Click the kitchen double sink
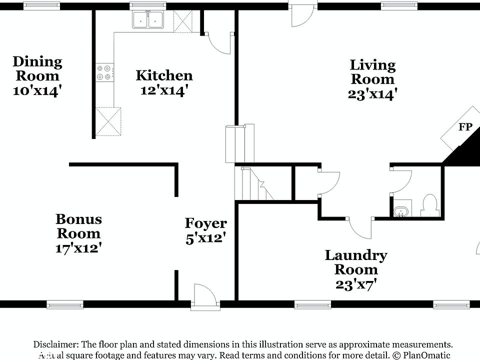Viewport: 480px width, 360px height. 149,20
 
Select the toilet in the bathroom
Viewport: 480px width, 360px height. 429,205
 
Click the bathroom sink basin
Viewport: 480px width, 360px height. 401,211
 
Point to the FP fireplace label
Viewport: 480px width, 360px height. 465,127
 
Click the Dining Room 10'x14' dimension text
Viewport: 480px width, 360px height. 37,90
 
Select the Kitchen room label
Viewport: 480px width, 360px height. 164,75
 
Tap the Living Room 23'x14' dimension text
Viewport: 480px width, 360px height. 372,93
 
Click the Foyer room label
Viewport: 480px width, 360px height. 205,223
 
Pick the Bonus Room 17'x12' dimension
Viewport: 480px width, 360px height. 78,247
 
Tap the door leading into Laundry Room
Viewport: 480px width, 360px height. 359,227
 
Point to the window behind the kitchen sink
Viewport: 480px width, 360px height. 148,6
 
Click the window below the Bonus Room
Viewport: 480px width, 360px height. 65,304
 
